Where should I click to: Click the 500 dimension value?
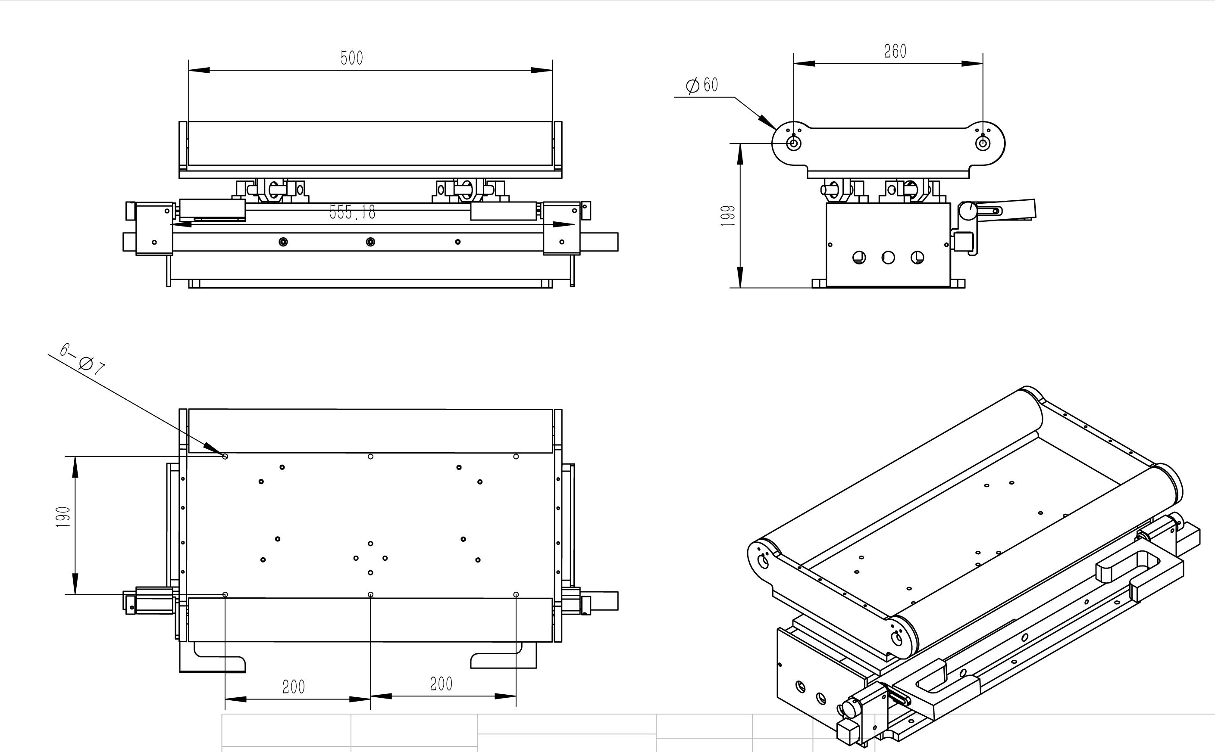pos(351,58)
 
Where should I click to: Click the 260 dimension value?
pos(895,51)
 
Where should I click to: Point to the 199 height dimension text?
pos(728,215)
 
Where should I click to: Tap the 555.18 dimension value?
pos(352,212)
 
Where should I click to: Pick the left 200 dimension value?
pos(293,687)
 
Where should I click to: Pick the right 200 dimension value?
pos(441,684)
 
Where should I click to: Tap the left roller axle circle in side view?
pos(793,144)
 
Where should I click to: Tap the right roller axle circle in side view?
pos(983,144)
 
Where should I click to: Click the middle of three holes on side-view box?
pos(888,257)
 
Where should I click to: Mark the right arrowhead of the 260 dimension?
pos(973,64)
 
